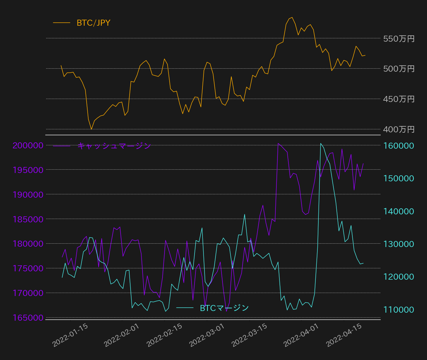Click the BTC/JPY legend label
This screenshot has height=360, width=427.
94,23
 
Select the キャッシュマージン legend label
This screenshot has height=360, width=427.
114,146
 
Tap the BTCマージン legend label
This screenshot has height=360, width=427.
224,308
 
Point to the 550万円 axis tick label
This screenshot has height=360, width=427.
399,39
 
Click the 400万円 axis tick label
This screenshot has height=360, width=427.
399,129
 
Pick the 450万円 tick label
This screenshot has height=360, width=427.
399,99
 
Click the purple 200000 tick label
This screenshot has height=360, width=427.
28,146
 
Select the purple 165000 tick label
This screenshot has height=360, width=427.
28,318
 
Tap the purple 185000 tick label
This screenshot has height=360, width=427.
28,219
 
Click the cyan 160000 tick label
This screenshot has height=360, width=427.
399,146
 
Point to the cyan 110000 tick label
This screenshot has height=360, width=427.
399,310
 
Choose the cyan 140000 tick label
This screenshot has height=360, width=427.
399,211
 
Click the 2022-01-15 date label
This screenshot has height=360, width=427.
70,335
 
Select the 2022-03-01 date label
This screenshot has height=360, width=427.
207,335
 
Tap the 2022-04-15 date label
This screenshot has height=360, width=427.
344,335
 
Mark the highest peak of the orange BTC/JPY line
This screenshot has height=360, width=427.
292,17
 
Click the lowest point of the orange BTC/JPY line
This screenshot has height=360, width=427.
91,129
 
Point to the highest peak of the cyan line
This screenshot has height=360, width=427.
321,143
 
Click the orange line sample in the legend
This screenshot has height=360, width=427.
62,23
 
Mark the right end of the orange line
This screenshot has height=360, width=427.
365,55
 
